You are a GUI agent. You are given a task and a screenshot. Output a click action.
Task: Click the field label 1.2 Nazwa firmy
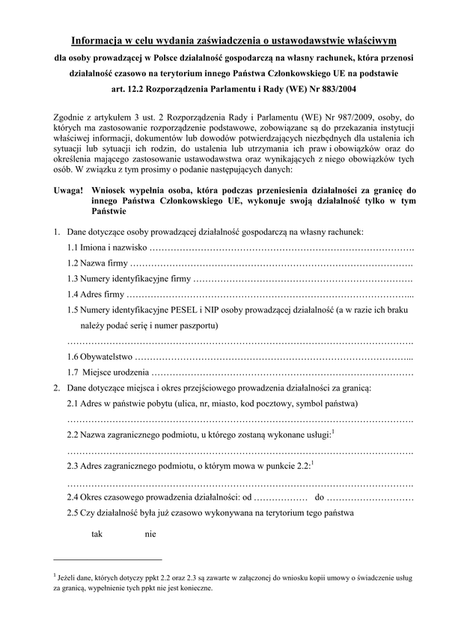tap(97, 264)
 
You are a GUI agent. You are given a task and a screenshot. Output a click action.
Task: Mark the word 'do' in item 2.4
tap(319, 497)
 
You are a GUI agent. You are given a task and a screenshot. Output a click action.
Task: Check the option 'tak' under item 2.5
tap(97, 534)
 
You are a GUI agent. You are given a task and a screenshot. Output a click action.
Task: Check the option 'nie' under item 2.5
tap(150, 534)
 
